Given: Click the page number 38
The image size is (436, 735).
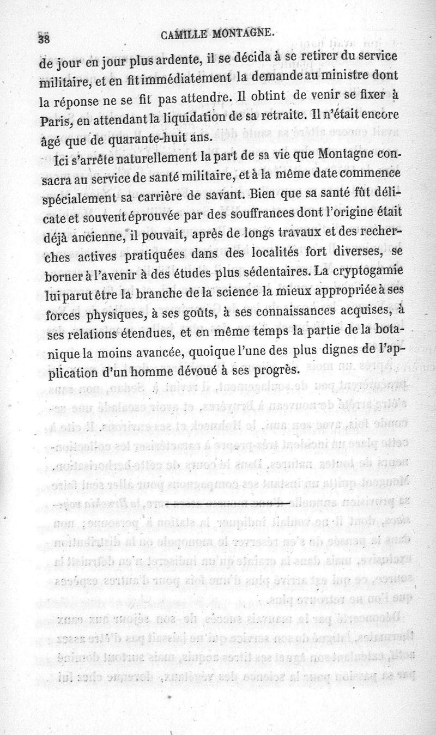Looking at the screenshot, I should click(x=44, y=39).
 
